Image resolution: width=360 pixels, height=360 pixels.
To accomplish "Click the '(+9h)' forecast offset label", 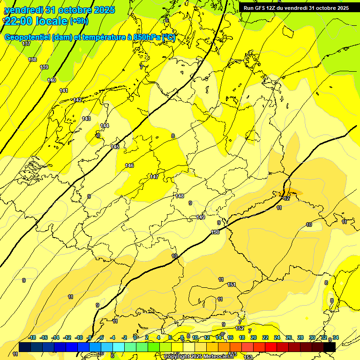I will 78,21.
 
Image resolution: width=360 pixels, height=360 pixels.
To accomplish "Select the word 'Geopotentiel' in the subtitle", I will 28,37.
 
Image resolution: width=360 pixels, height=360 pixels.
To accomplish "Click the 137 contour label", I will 26,44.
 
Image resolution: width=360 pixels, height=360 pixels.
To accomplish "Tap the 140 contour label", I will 52,80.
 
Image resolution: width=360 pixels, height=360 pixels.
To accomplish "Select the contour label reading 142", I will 77,100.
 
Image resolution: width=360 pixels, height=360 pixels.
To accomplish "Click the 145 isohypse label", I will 115,147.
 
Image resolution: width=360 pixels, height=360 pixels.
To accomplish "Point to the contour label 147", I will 154,177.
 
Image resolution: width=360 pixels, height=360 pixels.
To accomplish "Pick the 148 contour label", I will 180,196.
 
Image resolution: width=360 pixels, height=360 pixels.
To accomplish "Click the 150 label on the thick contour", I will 215,232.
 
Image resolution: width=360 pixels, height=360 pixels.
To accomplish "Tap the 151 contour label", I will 232,285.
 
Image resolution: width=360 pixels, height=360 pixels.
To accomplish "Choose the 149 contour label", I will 201,217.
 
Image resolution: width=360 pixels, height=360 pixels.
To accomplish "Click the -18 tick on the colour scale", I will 32,337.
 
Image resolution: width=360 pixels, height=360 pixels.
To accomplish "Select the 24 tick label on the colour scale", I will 277,337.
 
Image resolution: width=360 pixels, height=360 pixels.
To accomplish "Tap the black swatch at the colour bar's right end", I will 330,347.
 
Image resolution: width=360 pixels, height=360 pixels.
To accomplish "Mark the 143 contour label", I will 86,119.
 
